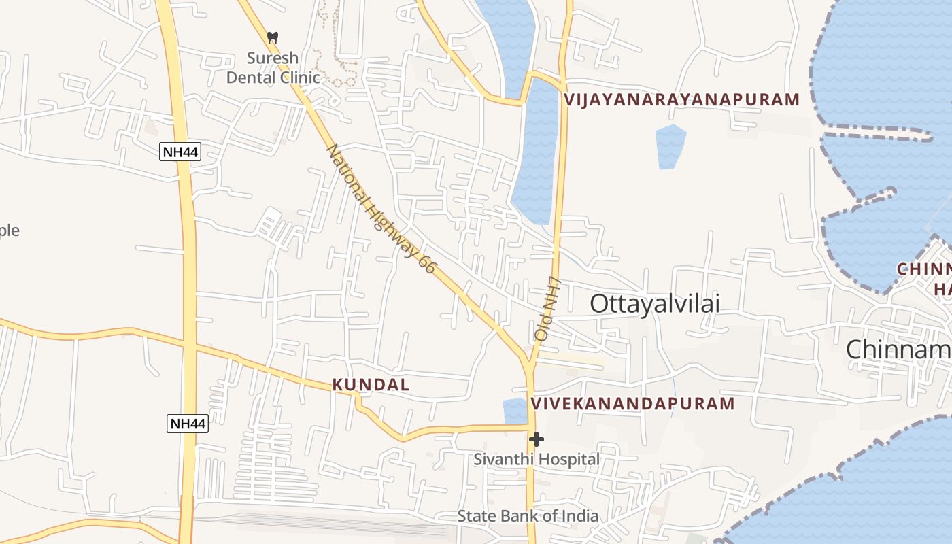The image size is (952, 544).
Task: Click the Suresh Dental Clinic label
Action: pyautogui.click(x=273, y=67)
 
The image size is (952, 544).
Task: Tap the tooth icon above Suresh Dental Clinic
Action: pyautogui.click(x=273, y=38)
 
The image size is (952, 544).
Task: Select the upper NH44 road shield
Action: pyautogui.click(x=180, y=152)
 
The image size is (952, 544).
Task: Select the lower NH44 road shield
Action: pyautogui.click(x=188, y=424)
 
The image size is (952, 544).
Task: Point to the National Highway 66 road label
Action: pyautogui.click(x=380, y=209)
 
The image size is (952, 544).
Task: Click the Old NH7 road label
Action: pyautogui.click(x=547, y=309)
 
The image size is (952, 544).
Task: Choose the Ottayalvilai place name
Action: pyautogui.click(x=654, y=304)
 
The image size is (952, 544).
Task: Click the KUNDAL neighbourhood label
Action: pyautogui.click(x=371, y=385)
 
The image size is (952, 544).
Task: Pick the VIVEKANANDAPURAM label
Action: pyautogui.click(x=632, y=404)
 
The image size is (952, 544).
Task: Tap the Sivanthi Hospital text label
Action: pyautogui.click(x=537, y=460)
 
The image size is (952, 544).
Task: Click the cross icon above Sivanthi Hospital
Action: pyautogui.click(x=537, y=439)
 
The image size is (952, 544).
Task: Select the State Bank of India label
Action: pyautogui.click(x=528, y=516)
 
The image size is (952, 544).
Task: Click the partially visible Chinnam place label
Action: pyautogui.click(x=898, y=350)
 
